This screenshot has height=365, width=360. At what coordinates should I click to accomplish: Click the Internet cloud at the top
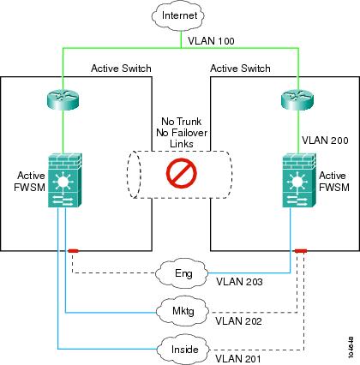point(178,15)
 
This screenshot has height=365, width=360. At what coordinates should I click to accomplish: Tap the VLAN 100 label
point(211,41)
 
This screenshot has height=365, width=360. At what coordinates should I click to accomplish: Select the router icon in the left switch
point(63,99)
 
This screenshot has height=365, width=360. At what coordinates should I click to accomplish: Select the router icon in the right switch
point(297,99)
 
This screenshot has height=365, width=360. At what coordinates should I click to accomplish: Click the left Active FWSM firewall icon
point(65,180)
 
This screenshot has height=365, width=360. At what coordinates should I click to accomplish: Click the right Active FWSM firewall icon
point(300,180)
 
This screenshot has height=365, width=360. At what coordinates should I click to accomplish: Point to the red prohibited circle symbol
point(182,173)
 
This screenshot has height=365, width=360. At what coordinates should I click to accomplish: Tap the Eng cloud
point(183,273)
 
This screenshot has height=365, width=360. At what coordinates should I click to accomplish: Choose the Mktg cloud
point(183,310)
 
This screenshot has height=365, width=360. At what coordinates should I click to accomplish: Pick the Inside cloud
point(183,350)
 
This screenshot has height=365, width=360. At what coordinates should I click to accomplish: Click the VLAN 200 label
point(325,141)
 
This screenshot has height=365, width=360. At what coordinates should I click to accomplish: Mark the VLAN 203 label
point(239,282)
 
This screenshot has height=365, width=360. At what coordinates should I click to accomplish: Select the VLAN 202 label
point(238,321)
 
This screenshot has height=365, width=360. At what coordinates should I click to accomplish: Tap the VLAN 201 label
point(238,358)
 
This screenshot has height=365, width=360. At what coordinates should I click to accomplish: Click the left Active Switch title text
point(121,69)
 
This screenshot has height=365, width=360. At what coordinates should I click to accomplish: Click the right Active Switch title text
point(240,69)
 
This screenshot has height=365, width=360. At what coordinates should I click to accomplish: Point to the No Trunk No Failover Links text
point(182,133)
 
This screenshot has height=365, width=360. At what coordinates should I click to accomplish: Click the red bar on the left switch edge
point(74,251)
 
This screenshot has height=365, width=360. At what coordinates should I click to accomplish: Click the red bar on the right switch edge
point(301,251)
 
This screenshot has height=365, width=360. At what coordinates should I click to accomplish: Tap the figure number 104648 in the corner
point(351,347)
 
